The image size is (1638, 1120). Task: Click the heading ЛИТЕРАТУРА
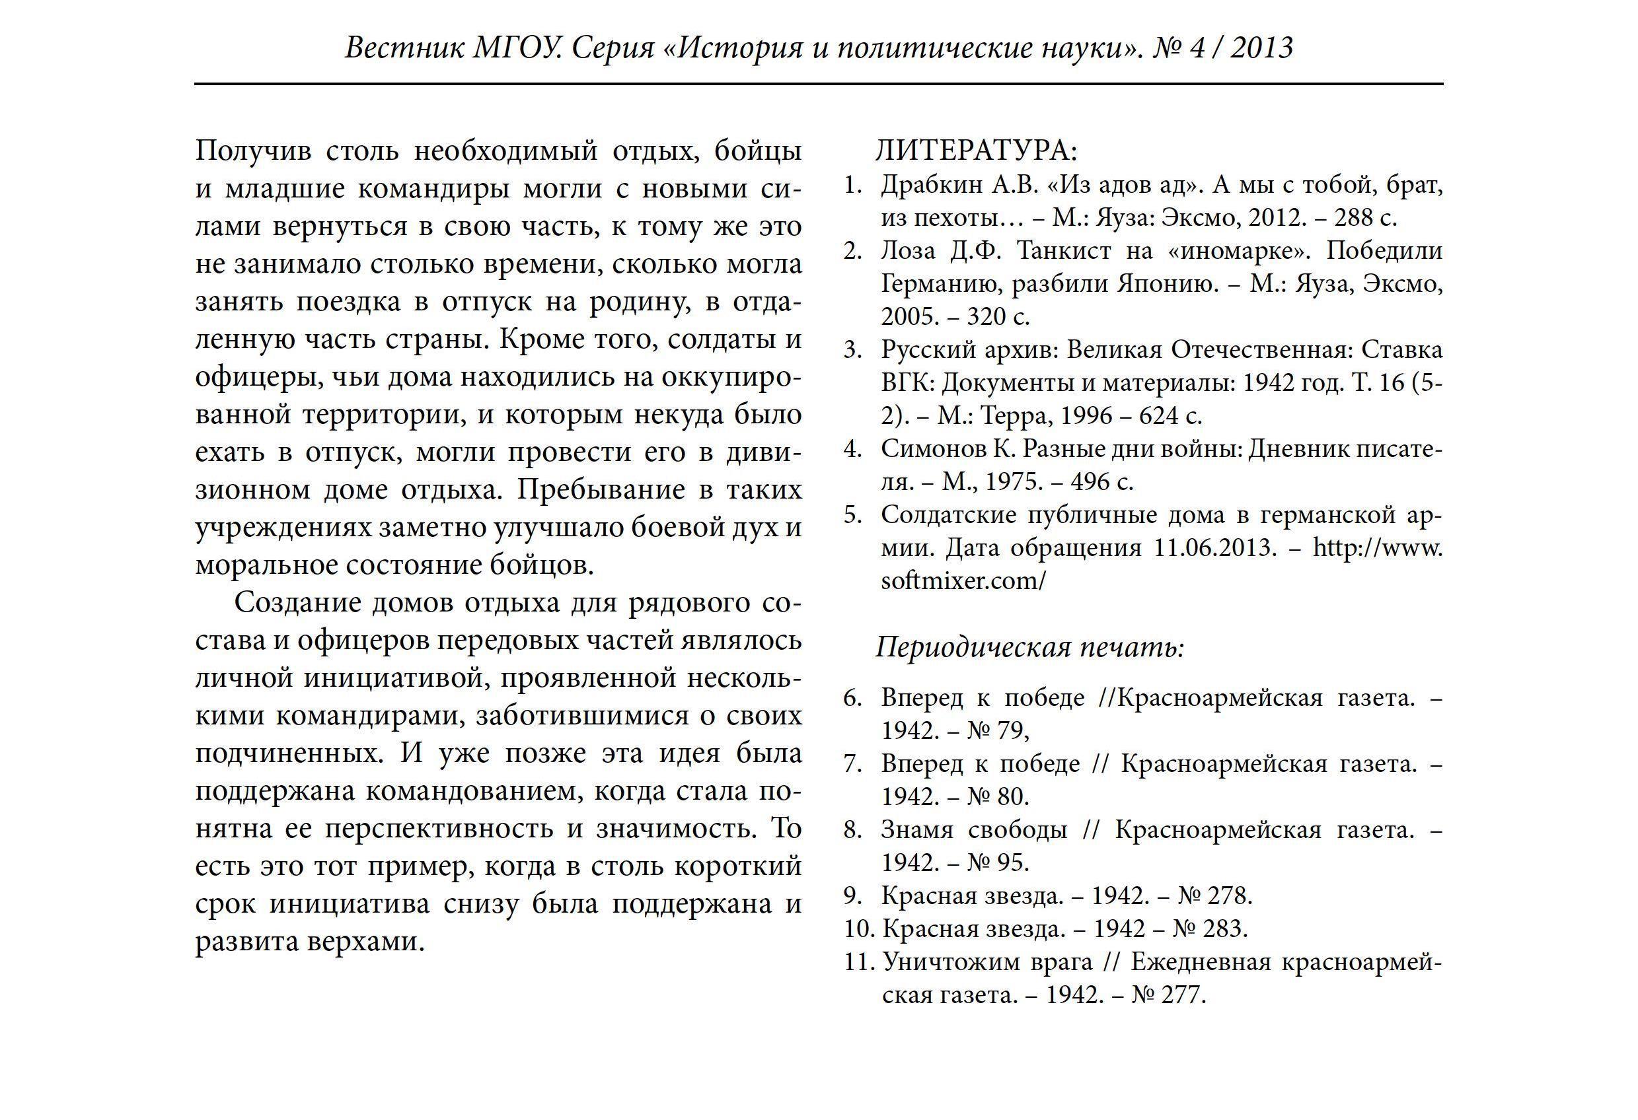pyautogui.click(x=976, y=151)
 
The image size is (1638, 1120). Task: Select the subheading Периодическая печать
pyautogui.click(x=1029, y=647)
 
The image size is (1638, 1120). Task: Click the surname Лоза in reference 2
pyautogui.click(x=910, y=250)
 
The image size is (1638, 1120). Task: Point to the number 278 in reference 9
pyautogui.click(x=1228, y=895)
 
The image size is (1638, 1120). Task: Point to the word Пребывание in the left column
pyautogui.click(x=601, y=489)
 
